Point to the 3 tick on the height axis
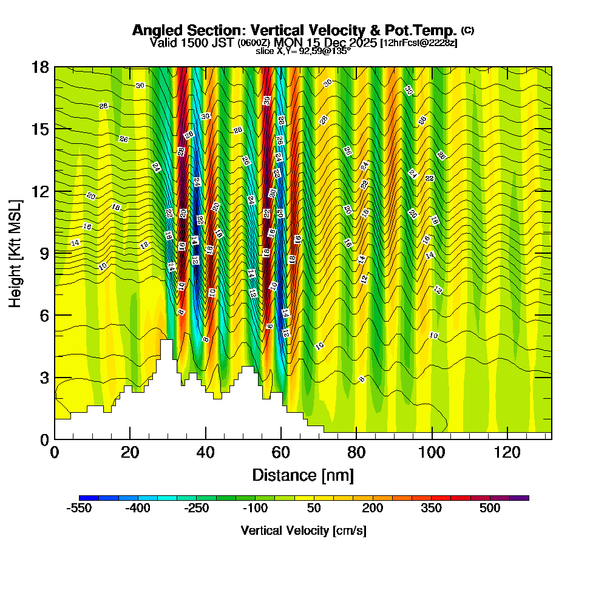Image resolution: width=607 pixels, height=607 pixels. point(44,378)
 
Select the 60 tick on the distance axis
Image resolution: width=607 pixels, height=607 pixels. point(281,452)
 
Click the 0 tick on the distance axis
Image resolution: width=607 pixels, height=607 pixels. point(55,452)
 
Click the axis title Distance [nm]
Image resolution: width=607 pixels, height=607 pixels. point(303,474)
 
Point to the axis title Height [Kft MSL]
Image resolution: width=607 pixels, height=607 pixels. point(16,253)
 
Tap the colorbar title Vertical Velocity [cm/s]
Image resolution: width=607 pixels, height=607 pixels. point(303,531)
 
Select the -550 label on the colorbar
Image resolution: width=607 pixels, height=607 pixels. point(80,508)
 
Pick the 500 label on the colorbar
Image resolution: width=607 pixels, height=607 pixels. point(490,508)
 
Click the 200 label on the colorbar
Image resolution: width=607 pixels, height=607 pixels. point(372,508)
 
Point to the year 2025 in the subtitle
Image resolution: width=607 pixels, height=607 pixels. point(361,42)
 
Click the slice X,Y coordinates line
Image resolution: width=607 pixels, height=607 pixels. point(303,52)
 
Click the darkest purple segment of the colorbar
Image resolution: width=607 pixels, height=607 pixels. point(523,498)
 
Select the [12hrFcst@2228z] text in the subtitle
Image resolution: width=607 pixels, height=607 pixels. point(419,43)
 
